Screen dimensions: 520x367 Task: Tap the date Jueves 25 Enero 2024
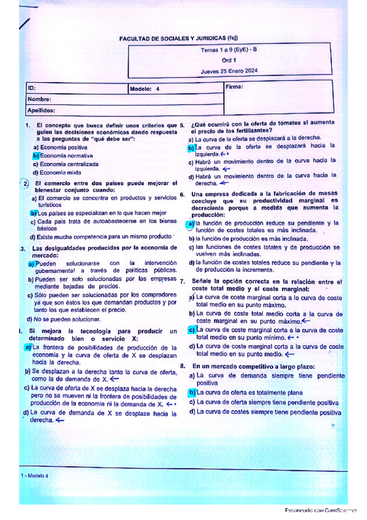(x=229, y=71)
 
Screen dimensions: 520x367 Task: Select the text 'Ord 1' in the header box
(x=229, y=61)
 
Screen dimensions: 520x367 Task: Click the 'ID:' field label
(x=32, y=88)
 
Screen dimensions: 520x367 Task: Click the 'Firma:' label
(x=235, y=87)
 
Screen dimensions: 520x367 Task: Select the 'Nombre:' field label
(x=39, y=99)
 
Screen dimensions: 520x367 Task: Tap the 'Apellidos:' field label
(x=41, y=110)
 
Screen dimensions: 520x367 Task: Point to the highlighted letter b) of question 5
(x=191, y=148)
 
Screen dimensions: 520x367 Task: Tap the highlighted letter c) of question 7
(x=191, y=330)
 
